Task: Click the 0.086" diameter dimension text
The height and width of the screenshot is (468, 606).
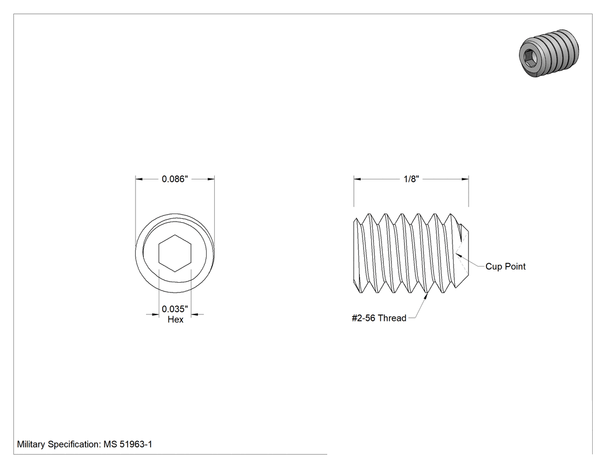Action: (175, 179)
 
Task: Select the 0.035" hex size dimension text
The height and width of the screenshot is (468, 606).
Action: (175, 309)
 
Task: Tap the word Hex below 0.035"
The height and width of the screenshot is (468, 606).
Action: (175, 319)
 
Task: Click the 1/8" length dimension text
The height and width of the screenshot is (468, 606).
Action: (411, 179)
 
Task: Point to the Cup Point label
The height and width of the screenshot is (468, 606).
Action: (506, 266)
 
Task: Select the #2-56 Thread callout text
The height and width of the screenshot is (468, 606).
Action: (379, 318)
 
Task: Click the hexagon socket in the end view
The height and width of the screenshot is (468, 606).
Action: (175, 253)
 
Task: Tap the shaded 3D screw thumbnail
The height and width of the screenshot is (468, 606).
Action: (549, 53)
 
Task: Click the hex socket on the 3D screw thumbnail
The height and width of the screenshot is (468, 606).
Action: (529, 57)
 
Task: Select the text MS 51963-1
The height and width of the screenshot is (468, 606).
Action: (128, 444)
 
